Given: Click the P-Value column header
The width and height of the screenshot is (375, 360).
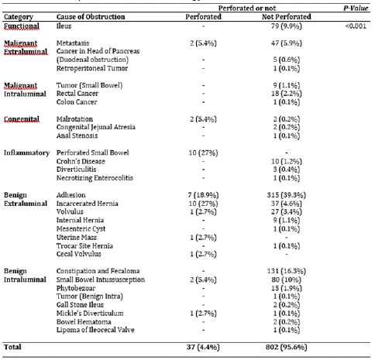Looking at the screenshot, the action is coord(356,9).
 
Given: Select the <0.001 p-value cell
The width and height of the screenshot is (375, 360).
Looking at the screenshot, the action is coord(356,26).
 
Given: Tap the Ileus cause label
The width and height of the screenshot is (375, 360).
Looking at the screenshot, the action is coord(64,26).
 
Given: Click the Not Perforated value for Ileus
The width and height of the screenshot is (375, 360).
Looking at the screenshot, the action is coord(287,26).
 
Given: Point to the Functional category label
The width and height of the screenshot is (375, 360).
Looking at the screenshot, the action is coord(22,26).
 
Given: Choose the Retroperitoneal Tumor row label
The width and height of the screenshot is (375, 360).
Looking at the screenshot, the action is coord(92,68).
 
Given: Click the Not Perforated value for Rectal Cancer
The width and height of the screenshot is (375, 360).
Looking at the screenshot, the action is coord(287,94).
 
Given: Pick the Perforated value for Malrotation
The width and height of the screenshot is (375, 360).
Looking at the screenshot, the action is coord(203,119).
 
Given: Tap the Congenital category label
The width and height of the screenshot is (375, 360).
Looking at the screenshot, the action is coord(22,119).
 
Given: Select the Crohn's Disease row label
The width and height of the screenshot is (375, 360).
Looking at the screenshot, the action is coord(81,161).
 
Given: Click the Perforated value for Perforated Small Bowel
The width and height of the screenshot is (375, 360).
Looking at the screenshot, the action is coord(203,153).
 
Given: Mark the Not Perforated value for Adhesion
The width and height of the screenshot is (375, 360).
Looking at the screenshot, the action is coord(287,195).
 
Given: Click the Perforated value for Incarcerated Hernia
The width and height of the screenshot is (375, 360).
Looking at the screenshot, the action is coord(203,204).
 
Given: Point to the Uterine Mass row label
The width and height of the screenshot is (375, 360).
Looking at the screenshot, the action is coord(77,238).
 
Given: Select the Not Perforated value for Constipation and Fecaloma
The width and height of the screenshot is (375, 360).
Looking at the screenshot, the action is coord(287,271).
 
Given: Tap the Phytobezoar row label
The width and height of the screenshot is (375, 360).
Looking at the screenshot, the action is coord(76,288).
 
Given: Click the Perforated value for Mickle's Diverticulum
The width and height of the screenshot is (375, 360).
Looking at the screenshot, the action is coord(203,314).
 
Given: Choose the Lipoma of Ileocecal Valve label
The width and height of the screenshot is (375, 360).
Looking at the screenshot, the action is coord(95,330).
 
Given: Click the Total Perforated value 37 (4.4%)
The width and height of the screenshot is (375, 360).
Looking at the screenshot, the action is coord(203,347).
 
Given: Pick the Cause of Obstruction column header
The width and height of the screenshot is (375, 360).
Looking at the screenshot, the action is coord(91,17).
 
